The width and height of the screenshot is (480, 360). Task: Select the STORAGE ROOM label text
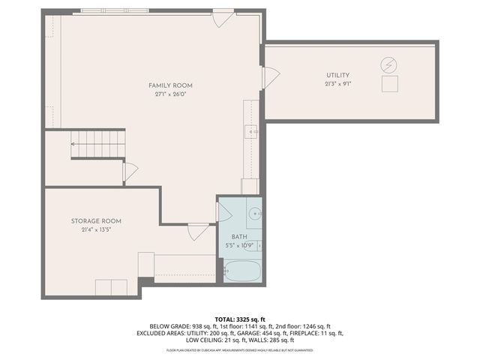click(96, 221)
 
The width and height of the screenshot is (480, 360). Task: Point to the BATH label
click(238, 236)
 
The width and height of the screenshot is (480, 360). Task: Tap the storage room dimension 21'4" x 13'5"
click(96, 230)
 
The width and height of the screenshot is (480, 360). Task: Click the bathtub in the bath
click(241, 271)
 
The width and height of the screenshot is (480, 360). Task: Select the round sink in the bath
click(255, 212)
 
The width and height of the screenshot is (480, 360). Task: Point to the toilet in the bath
click(254, 245)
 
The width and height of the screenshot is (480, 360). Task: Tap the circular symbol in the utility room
click(388, 64)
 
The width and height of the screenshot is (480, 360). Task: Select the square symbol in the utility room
click(389, 84)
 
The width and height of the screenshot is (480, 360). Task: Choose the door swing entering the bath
click(224, 212)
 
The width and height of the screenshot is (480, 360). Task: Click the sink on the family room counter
click(253, 130)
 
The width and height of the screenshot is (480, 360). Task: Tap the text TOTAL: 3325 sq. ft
click(239, 318)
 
